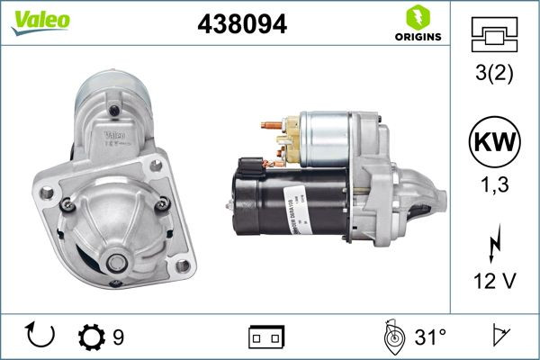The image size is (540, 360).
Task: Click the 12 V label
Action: point(494,283)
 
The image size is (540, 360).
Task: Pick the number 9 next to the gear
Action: point(118,337)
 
